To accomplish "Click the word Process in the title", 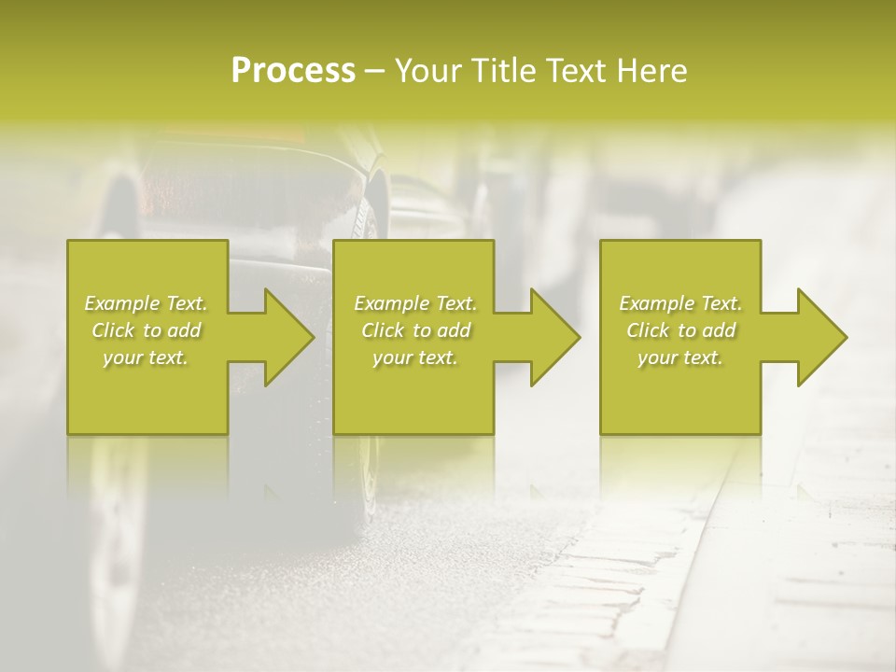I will (293, 71).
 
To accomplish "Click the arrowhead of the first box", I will (288, 337).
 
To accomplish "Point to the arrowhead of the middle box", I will (554, 337).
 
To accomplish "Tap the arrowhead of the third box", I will (821, 337).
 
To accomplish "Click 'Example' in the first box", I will (121, 303).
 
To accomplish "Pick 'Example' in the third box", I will (656, 303).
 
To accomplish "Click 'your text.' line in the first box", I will (146, 357).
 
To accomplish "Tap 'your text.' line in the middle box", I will (414, 357).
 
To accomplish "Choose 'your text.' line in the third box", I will (680, 357).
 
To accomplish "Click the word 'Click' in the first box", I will (114, 330).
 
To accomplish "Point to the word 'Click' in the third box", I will (649, 330).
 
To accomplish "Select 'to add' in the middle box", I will (441, 330).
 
